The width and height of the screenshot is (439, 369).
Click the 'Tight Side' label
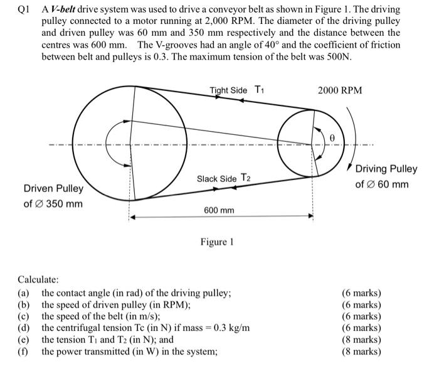[x=229, y=90]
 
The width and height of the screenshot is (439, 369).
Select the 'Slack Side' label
[x=216, y=178]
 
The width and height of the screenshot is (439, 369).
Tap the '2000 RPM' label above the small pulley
[x=340, y=90]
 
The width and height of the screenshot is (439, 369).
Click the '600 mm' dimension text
[x=219, y=210]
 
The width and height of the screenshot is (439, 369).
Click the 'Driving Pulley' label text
[x=386, y=169]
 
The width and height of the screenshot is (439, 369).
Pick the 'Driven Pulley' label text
[x=53, y=189]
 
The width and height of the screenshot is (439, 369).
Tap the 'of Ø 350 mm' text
[x=53, y=204]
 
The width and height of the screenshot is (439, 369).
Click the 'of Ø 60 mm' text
[x=382, y=184]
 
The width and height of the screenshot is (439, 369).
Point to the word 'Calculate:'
[x=38, y=279]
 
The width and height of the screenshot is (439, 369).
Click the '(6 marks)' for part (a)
[x=361, y=293]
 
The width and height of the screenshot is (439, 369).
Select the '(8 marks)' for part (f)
[x=361, y=351]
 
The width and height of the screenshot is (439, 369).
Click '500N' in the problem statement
[x=339, y=57]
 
